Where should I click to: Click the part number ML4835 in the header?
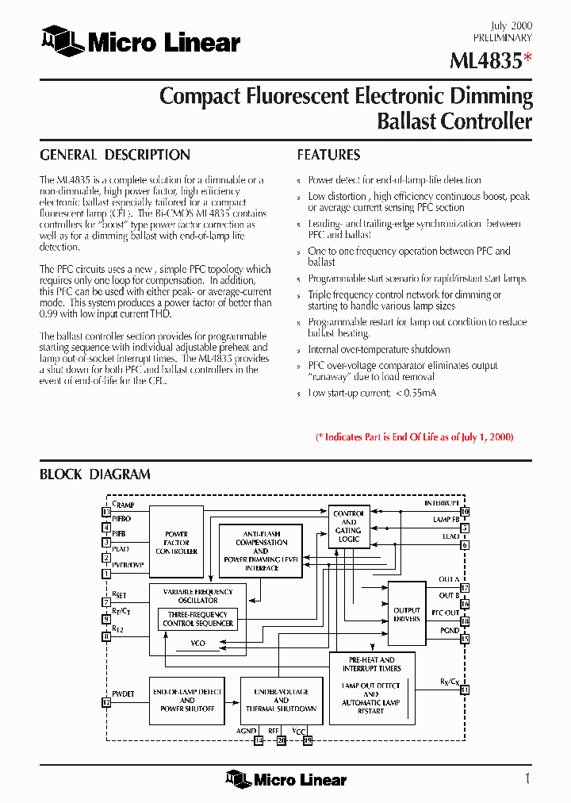pos(485,62)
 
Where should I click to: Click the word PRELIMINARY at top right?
pos(503,37)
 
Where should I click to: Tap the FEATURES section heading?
pos(328,155)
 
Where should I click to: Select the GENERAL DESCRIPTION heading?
pos(115,155)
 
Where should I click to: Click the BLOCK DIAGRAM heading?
pos(95,474)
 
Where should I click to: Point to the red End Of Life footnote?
pos(414,437)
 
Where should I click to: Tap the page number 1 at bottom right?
pos(527,778)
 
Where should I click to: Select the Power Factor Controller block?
pos(176,543)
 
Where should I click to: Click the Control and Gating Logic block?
pos(348,526)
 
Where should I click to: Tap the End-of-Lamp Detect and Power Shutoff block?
pos(187,700)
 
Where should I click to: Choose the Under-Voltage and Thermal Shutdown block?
pos(282,700)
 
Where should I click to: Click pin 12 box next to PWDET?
pos(106,701)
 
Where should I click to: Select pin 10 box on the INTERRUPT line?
pos(465,512)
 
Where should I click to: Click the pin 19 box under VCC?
pos(308,740)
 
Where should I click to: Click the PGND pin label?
pos(449,630)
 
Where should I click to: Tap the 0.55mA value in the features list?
pos(416,393)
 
